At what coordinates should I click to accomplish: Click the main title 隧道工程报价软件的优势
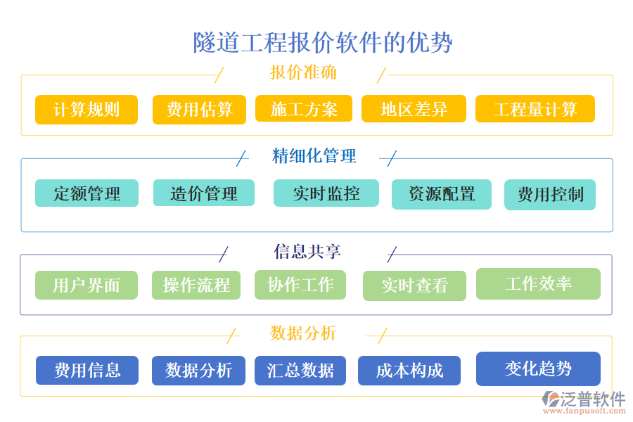[323, 42]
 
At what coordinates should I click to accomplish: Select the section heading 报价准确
[303, 73]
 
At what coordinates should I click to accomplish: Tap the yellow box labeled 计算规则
[87, 110]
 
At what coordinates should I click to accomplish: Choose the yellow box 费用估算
[199, 110]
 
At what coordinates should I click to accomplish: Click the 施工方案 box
[304, 110]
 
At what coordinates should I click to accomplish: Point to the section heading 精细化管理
[314, 156]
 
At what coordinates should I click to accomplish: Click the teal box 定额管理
[87, 193]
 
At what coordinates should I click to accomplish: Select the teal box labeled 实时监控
[326, 193]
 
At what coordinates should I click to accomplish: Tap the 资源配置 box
[441, 194]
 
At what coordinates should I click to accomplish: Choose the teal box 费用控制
[550, 195]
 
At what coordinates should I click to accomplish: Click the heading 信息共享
[307, 252]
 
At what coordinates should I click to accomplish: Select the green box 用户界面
[87, 285]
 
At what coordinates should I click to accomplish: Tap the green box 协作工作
[300, 284]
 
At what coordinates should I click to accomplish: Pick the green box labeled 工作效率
[538, 283]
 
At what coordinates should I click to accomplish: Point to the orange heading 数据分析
[303, 333]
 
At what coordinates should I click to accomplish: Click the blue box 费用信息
[87, 370]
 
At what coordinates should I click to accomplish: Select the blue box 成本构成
[409, 371]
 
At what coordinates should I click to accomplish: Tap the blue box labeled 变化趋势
[538, 369]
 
